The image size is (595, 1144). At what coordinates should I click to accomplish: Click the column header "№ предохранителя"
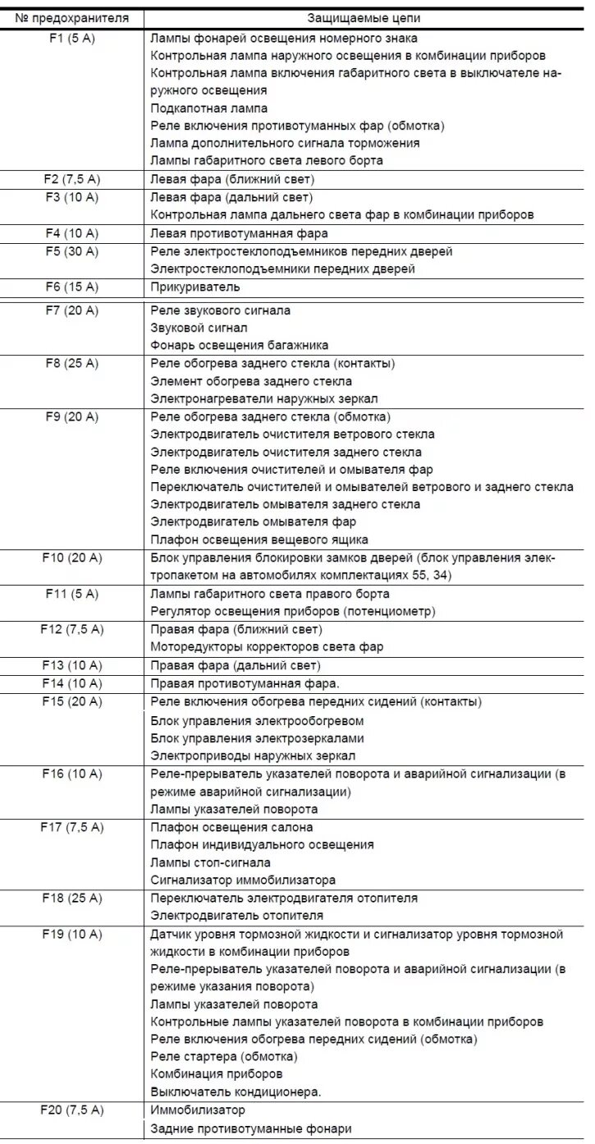(x=71, y=18)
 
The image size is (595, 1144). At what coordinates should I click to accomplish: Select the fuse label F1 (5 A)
(x=71, y=38)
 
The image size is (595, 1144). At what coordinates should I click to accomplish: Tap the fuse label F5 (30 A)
(x=71, y=251)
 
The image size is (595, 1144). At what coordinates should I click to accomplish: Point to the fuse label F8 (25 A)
(x=71, y=363)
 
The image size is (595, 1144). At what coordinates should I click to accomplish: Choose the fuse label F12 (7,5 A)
(x=71, y=629)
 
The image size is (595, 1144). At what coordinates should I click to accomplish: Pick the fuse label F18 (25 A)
(x=71, y=898)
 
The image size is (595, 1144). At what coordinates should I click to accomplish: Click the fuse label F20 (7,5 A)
(x=71, y=1110)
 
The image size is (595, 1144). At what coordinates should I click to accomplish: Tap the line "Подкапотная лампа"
(x=209, y=108)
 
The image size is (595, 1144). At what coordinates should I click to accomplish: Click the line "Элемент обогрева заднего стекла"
(x=251, y=381)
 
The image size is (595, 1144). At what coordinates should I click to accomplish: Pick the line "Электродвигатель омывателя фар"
(x=254, y=522)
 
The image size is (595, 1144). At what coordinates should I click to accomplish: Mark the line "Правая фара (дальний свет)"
(x=236, y=665)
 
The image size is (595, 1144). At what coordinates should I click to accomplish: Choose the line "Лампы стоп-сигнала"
(x=211, y=862)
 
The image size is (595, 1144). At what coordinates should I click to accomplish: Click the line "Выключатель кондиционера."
(x=236, y=1092)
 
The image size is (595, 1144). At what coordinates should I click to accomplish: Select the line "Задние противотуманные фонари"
(x=251, y=1128)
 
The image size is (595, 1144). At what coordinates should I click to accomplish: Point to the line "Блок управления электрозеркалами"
(x=257, y=737)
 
